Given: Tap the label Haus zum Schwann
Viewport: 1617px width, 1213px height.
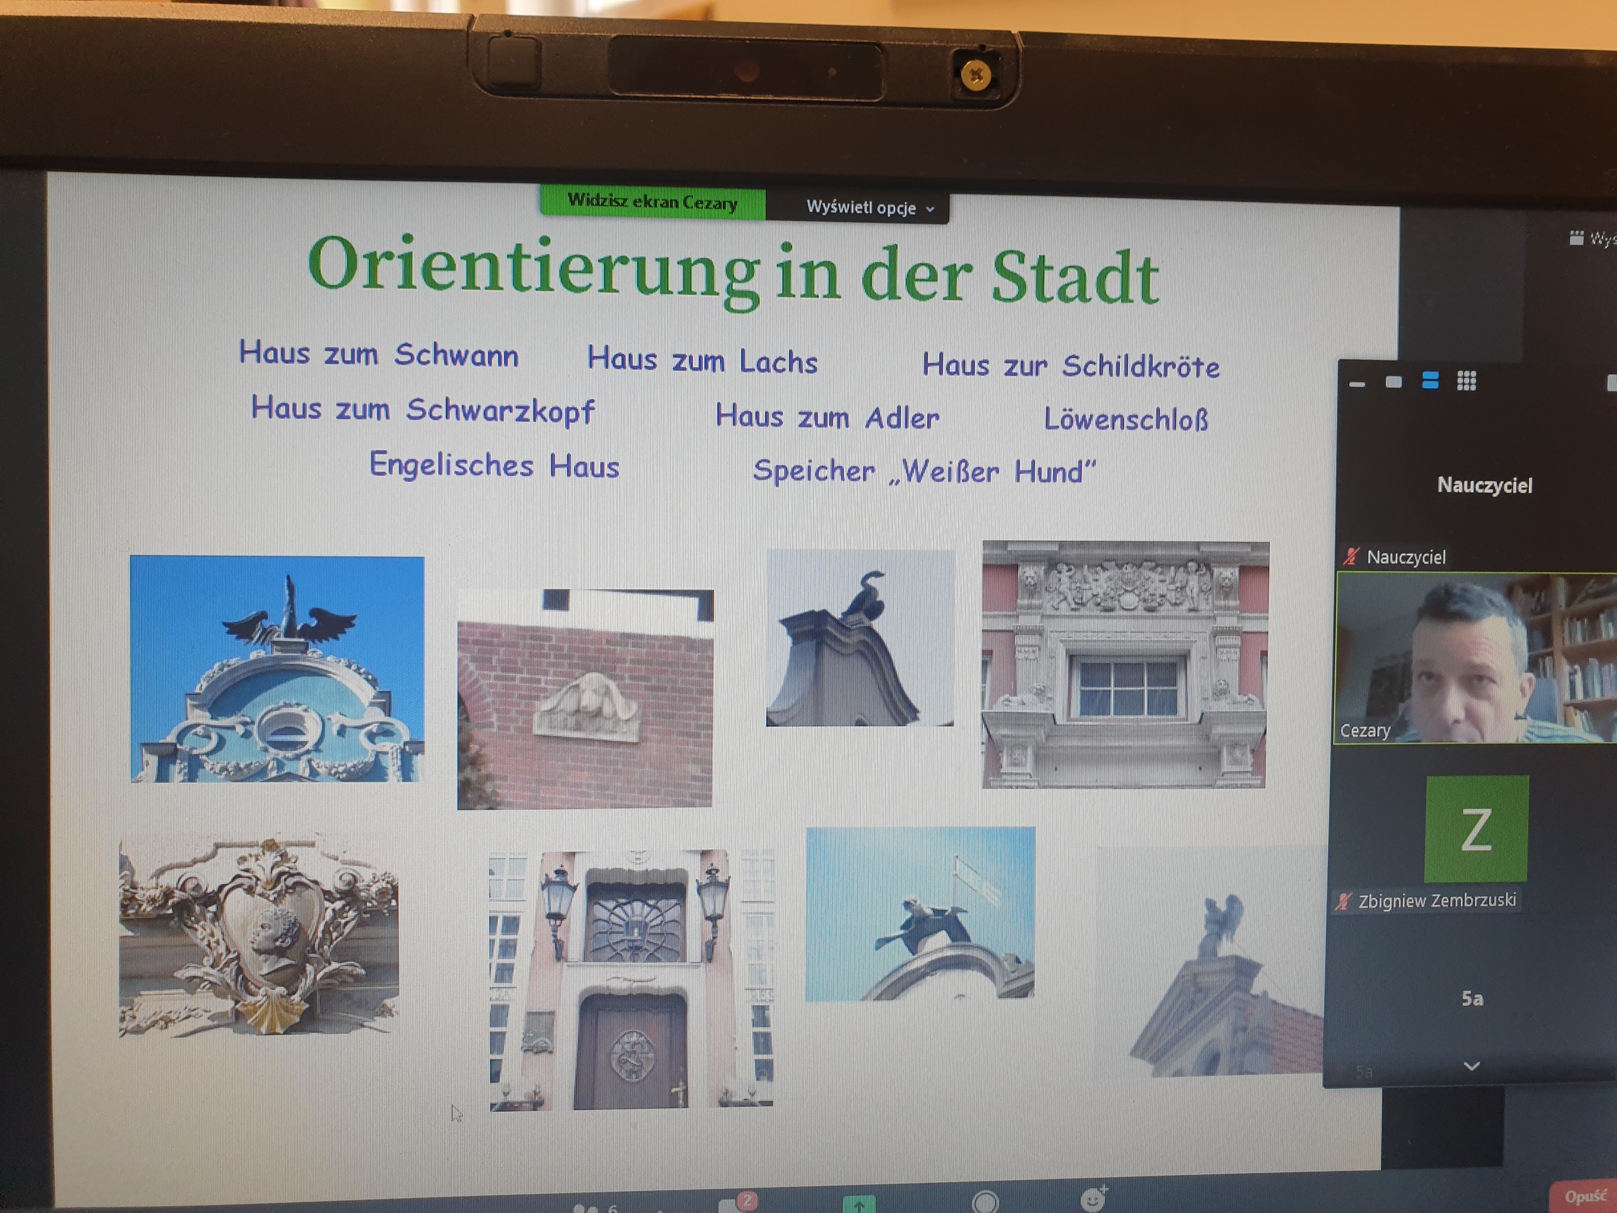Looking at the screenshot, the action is coord(378,354).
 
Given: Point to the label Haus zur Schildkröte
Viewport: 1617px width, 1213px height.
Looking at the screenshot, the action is coord(1071,366).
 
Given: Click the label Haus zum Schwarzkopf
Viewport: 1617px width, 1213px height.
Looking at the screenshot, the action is coord(423,410).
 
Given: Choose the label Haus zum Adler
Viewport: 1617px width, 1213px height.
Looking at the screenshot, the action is coord(827,417).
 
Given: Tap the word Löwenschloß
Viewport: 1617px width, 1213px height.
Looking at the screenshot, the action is coord(1126,419).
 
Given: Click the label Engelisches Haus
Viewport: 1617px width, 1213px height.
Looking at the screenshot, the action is coord(494,465).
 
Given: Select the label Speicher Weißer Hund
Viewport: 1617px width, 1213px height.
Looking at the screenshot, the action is coord(925,471).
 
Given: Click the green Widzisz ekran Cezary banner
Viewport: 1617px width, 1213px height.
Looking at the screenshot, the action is coord(652,202).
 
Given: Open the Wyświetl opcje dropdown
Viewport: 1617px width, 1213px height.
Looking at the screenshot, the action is coord(869,208).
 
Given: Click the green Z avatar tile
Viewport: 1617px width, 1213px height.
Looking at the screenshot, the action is coord(1476,829).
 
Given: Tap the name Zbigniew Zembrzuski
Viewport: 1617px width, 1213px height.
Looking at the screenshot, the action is coord(1437,900).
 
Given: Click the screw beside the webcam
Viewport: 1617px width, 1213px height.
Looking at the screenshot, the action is coord(976,75).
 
